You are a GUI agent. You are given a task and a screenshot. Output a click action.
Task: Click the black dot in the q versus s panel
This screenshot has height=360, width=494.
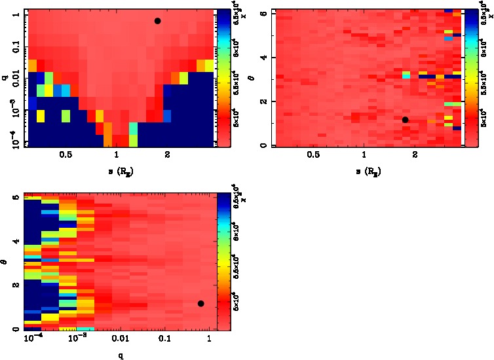pyautogui.click(x=157, y=21)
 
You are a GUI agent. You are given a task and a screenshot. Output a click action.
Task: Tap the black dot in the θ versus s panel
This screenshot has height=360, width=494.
pyautogui.click(x=406, y=120)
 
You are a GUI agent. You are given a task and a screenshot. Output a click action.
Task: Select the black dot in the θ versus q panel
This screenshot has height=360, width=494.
pyautogui.click(x=200, y=303)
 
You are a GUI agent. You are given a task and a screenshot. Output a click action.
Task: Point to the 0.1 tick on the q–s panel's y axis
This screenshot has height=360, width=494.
pyautogui.click(x=14, y=48)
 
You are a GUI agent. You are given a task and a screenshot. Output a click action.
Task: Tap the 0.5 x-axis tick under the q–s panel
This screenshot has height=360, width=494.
pyautogui.click(x=66, y=156)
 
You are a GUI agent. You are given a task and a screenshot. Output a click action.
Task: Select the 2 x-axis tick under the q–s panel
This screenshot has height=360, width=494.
pyautogui.click(x=168, y=156)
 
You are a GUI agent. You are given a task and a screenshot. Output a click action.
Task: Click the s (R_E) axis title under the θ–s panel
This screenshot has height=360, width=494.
pyautogui.click(x=368, y=171)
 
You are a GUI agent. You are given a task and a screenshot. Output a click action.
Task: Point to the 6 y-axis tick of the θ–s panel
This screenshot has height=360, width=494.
pyautogui.click(x=263, y=13)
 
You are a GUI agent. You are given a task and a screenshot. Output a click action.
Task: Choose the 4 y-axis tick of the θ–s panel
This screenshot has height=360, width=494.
pyautogui.click(x=263, y=58)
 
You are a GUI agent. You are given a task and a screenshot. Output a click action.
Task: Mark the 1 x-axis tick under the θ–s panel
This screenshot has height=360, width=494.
pyautogui.click(x=364, y=156)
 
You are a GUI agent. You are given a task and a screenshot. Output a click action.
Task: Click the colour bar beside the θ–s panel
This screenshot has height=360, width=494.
pyautogui.click(x=468, y=79)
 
